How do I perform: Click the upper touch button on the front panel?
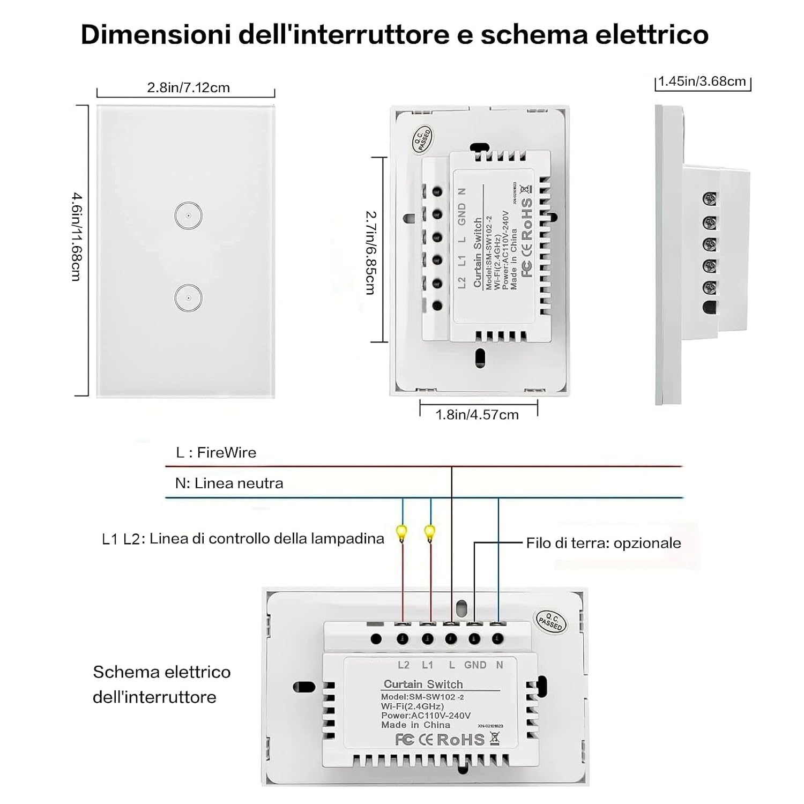coord(188,215)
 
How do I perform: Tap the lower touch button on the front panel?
coord(188,297)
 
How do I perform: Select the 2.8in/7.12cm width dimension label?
coord(188,87)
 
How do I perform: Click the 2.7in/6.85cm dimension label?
coord(370,252)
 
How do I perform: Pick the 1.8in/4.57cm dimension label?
coord(477,414)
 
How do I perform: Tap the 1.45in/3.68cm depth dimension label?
coord(702,81)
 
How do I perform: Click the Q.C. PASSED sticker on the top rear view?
coord(421,138)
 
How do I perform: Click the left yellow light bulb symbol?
coord(401,533)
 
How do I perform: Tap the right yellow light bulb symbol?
coord(430,533)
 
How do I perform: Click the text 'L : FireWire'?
coord(216,452)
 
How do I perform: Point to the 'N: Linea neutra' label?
coord(229,483)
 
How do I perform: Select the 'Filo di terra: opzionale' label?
coord(603,543)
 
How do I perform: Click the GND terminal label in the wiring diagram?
coord(475,665)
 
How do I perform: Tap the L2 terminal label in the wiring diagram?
coord(404,665)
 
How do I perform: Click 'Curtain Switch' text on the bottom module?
coord(423,684)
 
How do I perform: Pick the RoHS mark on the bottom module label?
coord(460,740)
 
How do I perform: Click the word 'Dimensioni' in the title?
coord(155,34)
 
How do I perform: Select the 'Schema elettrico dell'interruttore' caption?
coord(161,684)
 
